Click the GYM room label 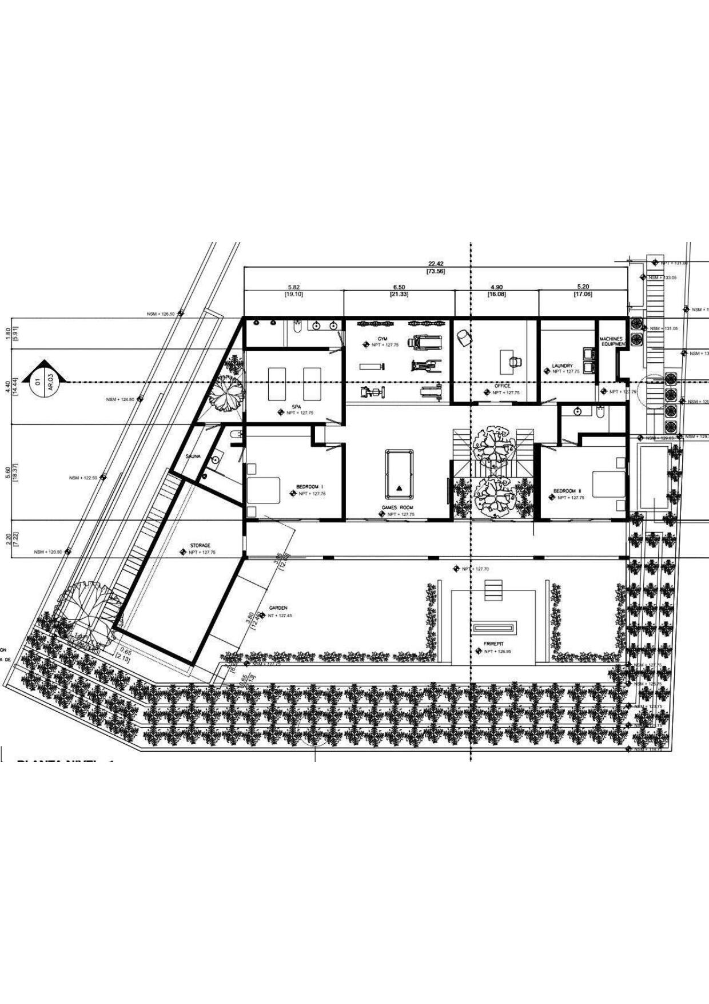[383, 339]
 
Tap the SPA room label [296, 407]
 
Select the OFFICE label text [502, 386]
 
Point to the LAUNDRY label [562, 366]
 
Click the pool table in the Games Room [399, 475]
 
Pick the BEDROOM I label [310, 487]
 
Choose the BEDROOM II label [567, 491]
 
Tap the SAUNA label [193, 456]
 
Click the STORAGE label [200, 546]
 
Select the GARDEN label [278, 608]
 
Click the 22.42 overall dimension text [436, 264]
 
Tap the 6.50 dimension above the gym [399, 287]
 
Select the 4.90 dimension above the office [496, 287]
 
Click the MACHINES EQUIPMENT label [611, 342]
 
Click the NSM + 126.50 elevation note [161, 313]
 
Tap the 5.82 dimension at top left [294, 287]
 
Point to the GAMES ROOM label [397, 507]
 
